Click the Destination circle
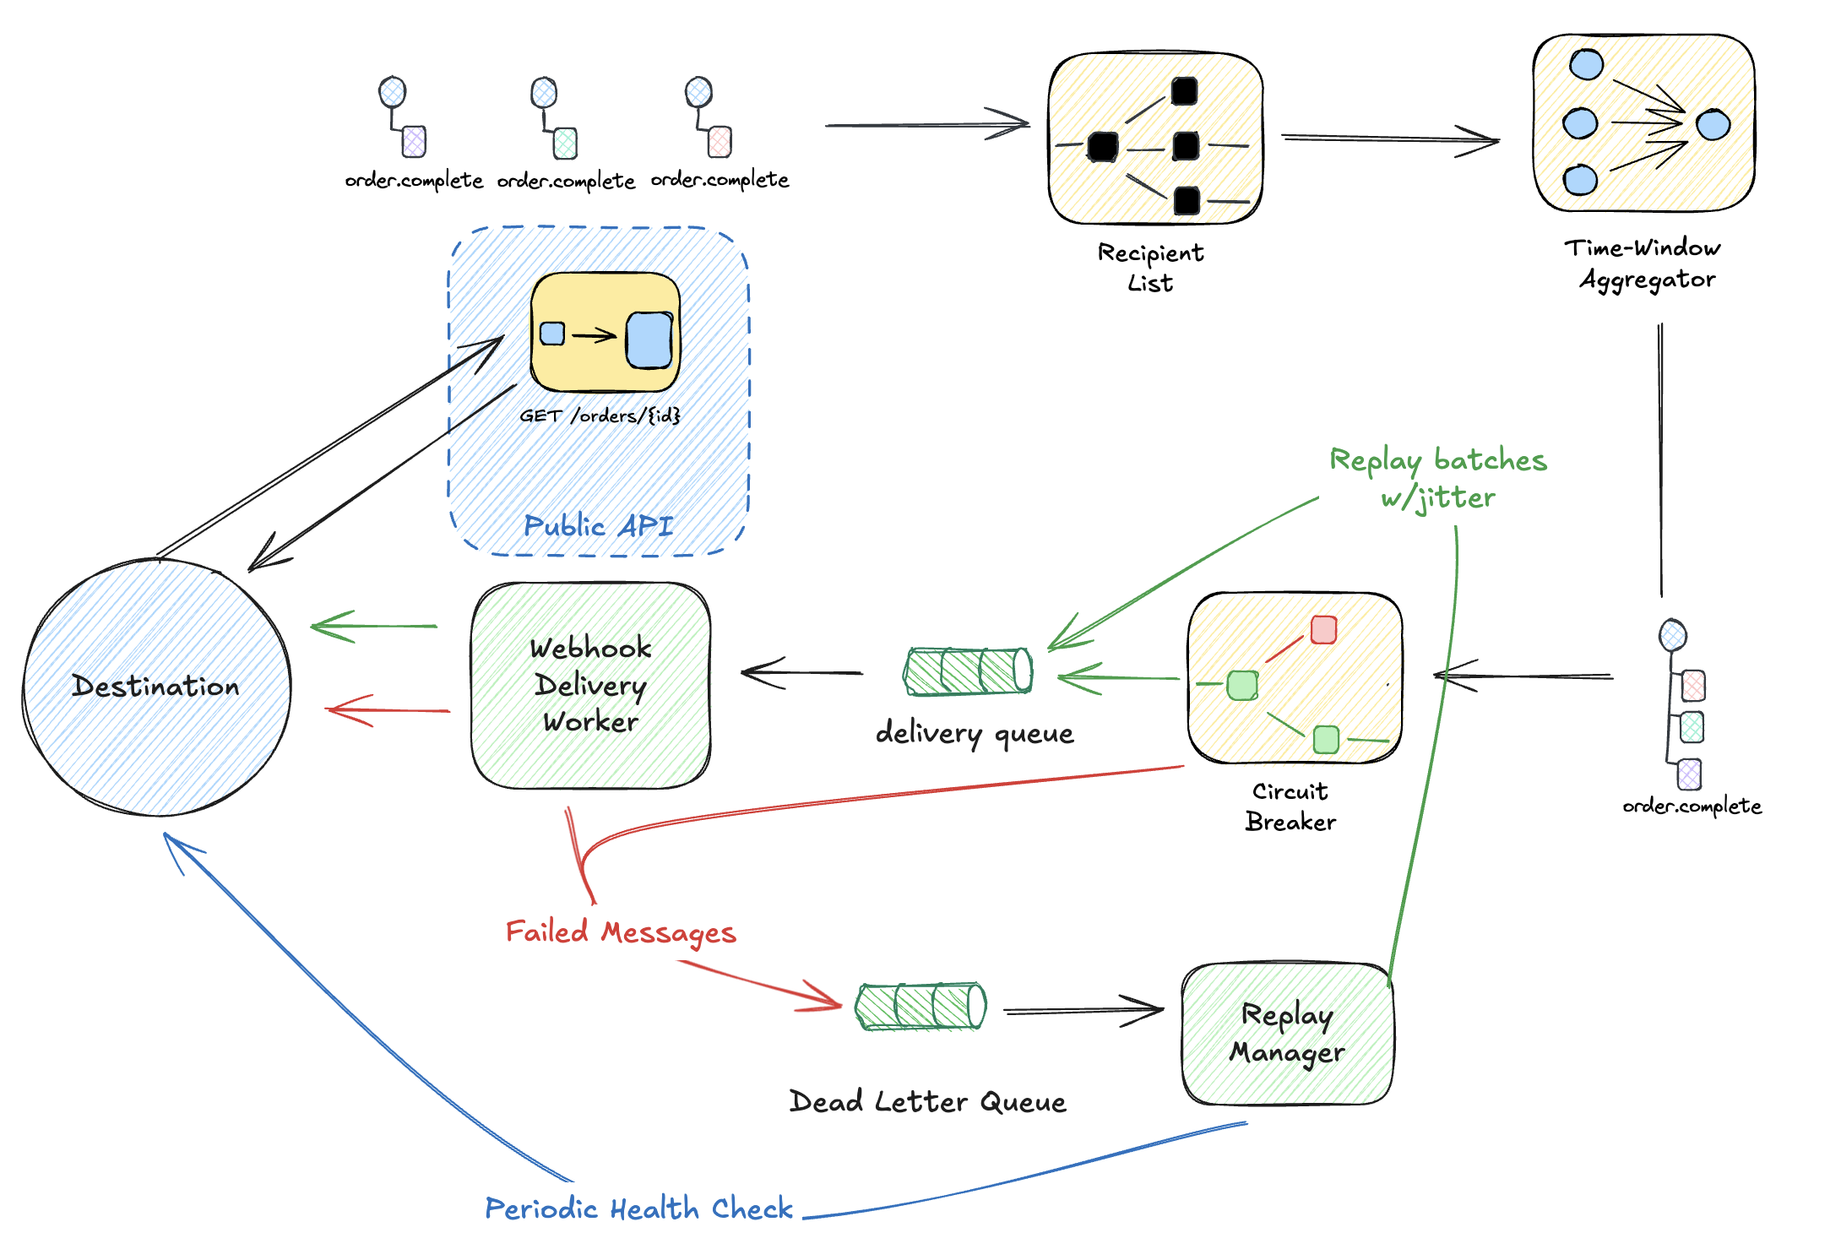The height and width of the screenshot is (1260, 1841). (157, 687)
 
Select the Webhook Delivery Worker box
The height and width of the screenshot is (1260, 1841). (591, 685)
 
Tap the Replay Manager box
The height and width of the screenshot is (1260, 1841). (1288, 1034)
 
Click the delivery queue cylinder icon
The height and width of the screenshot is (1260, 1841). (968, 671)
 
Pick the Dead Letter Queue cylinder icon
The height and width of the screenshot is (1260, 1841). (920, 1006)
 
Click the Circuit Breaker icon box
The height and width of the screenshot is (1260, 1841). (1295, 678)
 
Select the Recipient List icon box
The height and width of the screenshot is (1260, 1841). (1155, 138)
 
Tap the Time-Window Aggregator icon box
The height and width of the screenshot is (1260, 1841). (1643, 123)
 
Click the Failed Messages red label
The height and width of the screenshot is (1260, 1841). (621, 932)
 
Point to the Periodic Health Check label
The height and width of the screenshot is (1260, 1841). (638, 1208)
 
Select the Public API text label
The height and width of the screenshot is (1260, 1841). (598, 525)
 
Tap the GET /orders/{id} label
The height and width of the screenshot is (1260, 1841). (600, 415)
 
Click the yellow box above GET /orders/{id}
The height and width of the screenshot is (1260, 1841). (606, 332)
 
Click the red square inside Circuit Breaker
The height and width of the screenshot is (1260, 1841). (1323, 630)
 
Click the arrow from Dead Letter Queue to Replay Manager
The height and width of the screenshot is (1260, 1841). (1083, 1010)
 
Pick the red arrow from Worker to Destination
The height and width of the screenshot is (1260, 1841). (388, 711)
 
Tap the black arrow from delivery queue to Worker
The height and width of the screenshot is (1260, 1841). (801, 673)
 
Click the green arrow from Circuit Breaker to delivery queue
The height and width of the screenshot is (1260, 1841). (1119, 677)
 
